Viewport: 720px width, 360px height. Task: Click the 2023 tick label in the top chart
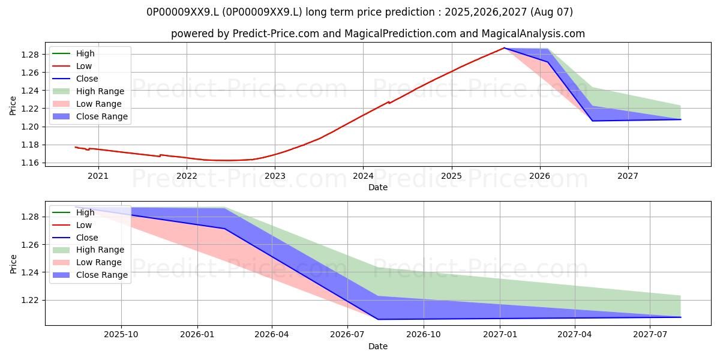click(x=275, y=176)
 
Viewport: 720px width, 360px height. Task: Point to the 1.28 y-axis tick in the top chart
click(x=30, y=55)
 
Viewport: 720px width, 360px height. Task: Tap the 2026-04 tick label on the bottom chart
click(x=272, y=335)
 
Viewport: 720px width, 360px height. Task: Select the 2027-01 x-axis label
click(x=500, y=335)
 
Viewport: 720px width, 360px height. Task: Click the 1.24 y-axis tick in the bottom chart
click(x=30, y=272)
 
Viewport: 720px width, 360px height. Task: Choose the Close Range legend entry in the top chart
click(x=90, y=116)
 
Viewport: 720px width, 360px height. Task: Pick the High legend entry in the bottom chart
click(x=73, y=212)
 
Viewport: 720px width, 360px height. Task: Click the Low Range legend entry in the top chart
click(x=87, y=104)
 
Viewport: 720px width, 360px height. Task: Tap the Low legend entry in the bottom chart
click(x=72, y=225)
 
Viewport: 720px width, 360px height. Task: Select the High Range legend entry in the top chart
click(x=88, y=91)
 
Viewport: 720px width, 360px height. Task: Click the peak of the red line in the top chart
click(x=505, y=48)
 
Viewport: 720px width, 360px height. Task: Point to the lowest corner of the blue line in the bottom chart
click(x=377, y=319)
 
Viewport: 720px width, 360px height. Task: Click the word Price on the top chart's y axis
click(x=13, y=106)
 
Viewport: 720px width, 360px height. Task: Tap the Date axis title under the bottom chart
click(x=377, y=346)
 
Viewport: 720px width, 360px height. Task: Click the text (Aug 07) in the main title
click(x=551, y=12)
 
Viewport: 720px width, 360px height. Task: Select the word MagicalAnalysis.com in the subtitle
click(x=533, y=34)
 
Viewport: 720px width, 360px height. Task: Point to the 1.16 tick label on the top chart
click(x=30, y=163)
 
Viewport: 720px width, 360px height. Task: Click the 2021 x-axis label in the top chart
click(x=98, y=176)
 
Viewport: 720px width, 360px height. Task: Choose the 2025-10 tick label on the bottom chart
click(x=121, y=335)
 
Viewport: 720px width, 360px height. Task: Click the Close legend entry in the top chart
click(x=75, y=79)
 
